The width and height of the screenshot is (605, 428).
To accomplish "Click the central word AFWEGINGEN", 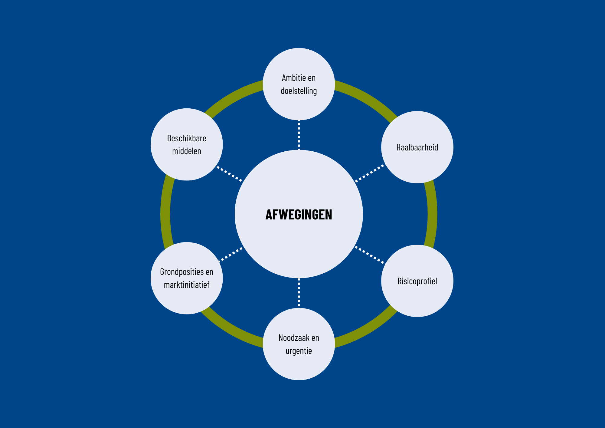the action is pos(299,215).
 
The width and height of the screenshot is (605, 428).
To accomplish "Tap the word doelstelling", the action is pos(299,91).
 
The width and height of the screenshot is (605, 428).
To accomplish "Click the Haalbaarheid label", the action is pos(417,147).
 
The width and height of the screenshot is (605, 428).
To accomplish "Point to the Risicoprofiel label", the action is pos(417,281).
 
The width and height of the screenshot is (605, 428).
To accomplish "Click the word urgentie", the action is pos(299,351).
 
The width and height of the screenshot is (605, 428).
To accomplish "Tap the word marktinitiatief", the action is pos(187,285).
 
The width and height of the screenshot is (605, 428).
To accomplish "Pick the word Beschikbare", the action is pos(187,138).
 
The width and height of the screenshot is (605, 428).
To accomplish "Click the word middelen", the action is pos(187,151).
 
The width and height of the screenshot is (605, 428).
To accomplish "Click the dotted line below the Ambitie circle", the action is pos(299,135).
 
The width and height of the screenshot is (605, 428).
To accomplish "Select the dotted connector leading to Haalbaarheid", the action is pos(369,173).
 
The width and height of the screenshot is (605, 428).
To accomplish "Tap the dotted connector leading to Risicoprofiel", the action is pos(369,255).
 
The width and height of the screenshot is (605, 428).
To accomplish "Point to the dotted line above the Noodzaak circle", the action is pos(299,293).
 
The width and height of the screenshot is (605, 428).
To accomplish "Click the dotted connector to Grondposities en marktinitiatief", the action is pos(231,254).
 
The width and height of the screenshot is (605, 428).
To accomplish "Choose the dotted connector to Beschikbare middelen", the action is pos(229,174).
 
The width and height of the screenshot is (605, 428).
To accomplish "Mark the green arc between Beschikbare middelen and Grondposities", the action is pos(165,212).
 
